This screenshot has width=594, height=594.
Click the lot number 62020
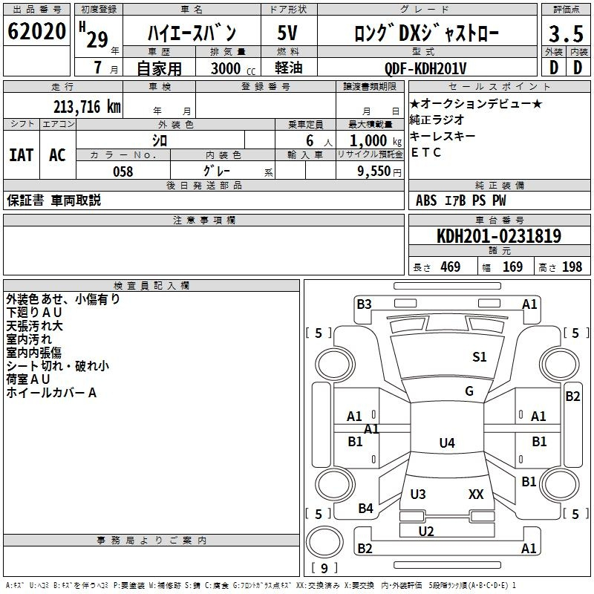point(36,31)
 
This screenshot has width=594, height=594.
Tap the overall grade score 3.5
point(566,34)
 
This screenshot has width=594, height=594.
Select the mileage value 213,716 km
point(87,107)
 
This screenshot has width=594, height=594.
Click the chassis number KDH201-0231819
point(499,236)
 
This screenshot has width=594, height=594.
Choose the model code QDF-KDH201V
point(425,68)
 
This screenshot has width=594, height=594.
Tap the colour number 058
point(123,172)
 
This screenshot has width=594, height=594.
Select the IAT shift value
point(21,155)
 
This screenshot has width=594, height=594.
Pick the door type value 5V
point(287,33)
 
